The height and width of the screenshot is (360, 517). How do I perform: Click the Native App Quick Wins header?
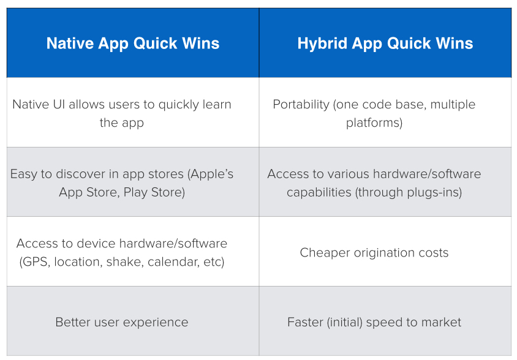[x=133, y=43]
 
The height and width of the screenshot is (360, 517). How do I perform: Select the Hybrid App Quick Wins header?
[x=385, y=43]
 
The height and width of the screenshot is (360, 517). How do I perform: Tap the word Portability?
[x=301, y=105]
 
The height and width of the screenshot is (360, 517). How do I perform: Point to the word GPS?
[x=34, y=262]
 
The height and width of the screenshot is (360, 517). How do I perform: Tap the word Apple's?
[x=210, y=174]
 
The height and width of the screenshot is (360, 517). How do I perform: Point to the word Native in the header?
[x=70, y=43]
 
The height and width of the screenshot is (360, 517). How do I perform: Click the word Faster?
[x=305, y=323]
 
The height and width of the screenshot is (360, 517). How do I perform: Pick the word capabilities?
[x=319, y=192]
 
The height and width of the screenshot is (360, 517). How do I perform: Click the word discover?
[x=80, y=174]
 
